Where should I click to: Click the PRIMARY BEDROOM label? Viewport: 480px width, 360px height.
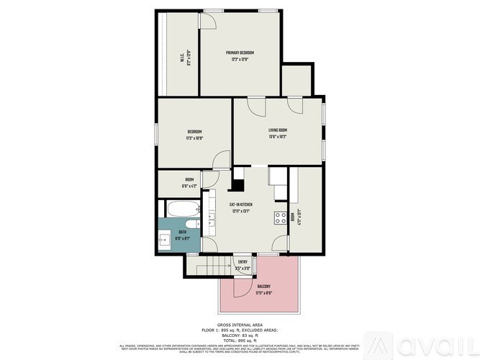click(x=240, y=53)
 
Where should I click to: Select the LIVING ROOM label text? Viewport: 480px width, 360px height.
click(x=278, y=130)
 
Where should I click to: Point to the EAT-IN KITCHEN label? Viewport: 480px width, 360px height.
click(x=240, y=205)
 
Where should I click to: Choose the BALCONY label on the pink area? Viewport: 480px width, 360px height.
click(x=264, y=287)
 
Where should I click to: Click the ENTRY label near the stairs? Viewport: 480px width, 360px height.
click(x=243, y=261)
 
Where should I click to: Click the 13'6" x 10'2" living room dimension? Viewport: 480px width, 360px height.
click(x=278, y=137)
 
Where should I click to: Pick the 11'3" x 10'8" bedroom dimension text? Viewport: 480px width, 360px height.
click(x=194, y=138)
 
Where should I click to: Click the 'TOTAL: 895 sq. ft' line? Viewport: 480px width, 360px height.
click(x=240, y=341)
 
